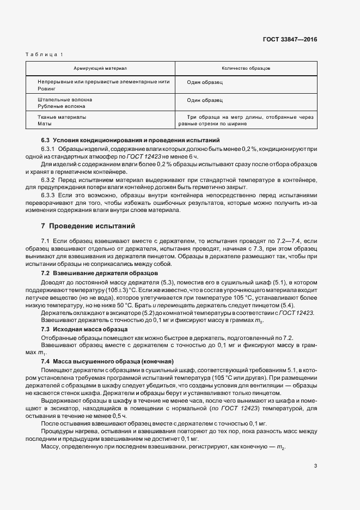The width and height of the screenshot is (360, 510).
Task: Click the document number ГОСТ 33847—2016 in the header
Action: pyautogui.click(x=290, y=39)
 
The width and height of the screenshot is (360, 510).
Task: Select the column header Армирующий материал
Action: pyautogui.click(x=100, y=69)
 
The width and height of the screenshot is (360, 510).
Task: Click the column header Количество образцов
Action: pyautogui.click(x=246, y=69)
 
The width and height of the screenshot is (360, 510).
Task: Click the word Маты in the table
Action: pyautogui.click(x=45, y=124)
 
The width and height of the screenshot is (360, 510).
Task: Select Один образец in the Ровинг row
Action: pyautogui.click(x=205, y=82)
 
